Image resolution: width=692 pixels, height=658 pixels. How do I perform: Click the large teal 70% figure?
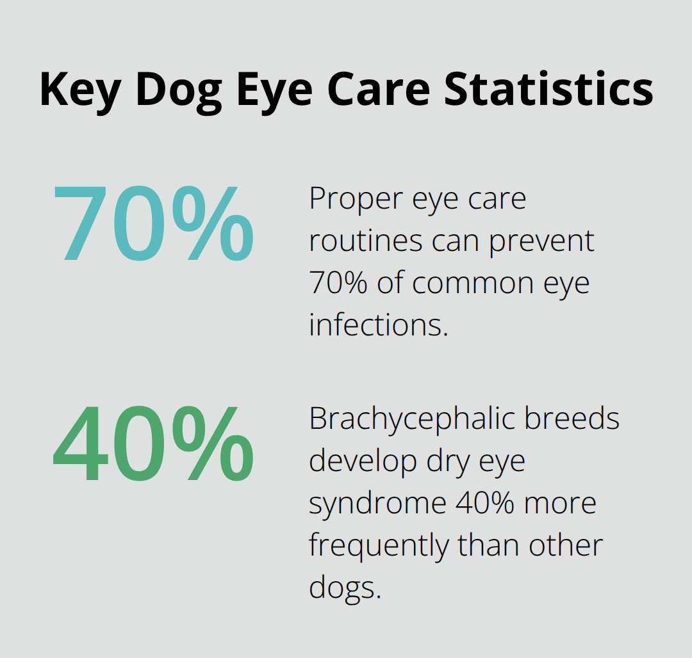pyautogui.click(x=153, y=223)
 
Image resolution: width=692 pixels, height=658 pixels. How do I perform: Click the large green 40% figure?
pyautogui.click(x=153, y=444)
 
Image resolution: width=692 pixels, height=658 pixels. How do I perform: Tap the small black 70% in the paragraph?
pyautogui.click(x=338, y=283)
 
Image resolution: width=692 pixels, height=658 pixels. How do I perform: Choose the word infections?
pyautogui.click(x=378, y=325)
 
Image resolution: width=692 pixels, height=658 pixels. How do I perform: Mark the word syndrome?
pyautogui.click(x=377, y=503)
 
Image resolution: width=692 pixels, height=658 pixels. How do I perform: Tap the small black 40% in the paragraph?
pyautogui.click(x=484, y=503)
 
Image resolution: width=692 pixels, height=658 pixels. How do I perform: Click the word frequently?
pyautogui.click(x=379, y=545)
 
